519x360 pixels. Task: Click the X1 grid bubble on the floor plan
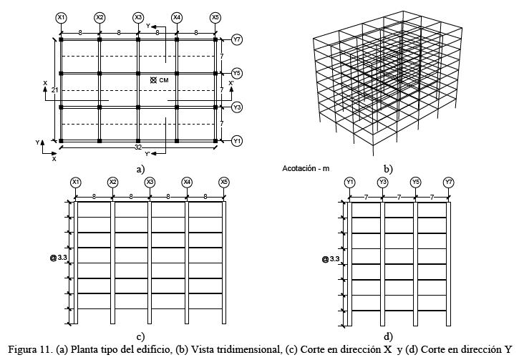coord(61,16)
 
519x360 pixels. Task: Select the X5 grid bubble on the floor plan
coord(215,16)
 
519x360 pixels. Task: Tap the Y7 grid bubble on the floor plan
coord(237,39)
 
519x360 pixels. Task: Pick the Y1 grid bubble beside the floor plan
coord(237,142)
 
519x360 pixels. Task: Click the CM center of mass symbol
coord(153,79)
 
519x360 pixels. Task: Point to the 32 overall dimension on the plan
coord(137,147)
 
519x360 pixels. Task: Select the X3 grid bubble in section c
coord(150,183)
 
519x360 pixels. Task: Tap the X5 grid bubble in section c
coord(224,183)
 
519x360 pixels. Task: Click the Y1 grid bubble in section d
coord(349,183)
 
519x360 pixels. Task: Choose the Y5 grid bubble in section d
coord(416,183)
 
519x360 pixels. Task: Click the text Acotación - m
coord(306,168)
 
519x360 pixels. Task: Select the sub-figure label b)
coord(387,169)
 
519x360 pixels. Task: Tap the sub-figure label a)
coord(140,168)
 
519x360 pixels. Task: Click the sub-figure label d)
coord(387,336)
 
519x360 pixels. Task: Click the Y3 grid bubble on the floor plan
coord(237,107)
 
